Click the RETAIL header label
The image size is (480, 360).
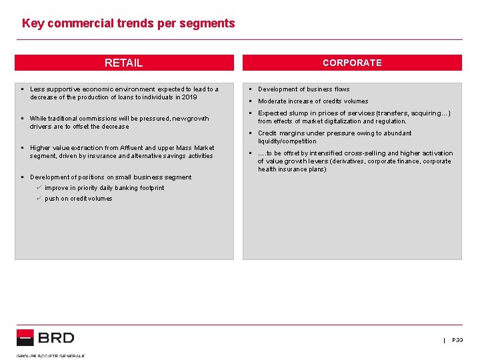click(123, 63)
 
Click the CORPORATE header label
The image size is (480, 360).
click(352, 63)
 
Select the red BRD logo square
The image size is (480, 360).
click(25, 337)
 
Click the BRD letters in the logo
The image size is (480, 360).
click(56, 338)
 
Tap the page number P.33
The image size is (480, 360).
click(457, 340)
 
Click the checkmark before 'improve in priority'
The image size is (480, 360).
click(39, 188)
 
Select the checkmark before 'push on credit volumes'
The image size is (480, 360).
click(39, 199)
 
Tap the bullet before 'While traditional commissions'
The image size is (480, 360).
click(22, 119)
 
